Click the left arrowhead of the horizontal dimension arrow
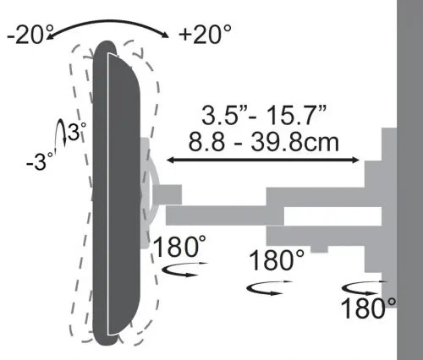click(x=173, y=158)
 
